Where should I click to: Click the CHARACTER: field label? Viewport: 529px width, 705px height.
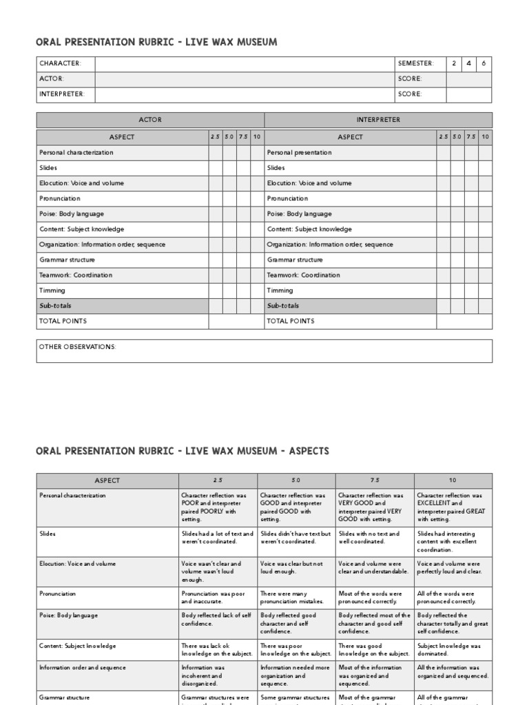pos(60,63)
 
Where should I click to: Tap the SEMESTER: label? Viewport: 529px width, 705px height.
pos(415,63)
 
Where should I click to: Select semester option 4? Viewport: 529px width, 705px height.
pos(468,63)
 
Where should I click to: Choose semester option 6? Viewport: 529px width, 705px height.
pos(484,63)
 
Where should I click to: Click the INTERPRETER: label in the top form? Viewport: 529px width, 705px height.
pos(62,94)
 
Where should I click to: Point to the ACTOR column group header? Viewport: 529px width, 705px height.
pos(149,120)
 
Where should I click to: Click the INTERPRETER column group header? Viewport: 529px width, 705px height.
pos(378,120)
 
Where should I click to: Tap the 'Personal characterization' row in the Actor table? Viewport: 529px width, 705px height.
pos(76,153)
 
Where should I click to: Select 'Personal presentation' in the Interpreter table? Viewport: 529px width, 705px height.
pos(299,153)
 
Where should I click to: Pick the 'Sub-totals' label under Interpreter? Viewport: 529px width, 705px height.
pos(283,306)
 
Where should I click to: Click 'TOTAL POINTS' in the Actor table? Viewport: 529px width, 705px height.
pos(63,321)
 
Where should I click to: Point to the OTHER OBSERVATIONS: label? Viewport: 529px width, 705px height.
pos(78,347)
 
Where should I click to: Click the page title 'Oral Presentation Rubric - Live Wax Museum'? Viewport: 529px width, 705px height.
pos(156,43)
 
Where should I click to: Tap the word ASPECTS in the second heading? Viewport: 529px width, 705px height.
pos(304,452)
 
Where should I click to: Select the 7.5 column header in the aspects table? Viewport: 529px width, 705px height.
pos(374,481)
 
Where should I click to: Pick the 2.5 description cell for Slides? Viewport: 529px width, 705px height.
pos(218,542)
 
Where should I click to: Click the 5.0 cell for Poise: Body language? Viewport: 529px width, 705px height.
pos(295,624)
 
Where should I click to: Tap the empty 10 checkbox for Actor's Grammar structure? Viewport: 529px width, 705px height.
pos(256,260)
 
